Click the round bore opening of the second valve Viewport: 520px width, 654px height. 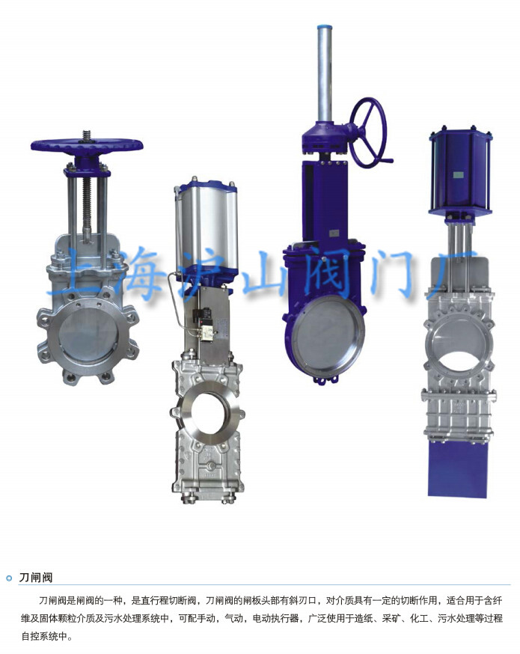click(208, 412)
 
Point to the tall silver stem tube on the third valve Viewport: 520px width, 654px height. click(325, 74)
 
